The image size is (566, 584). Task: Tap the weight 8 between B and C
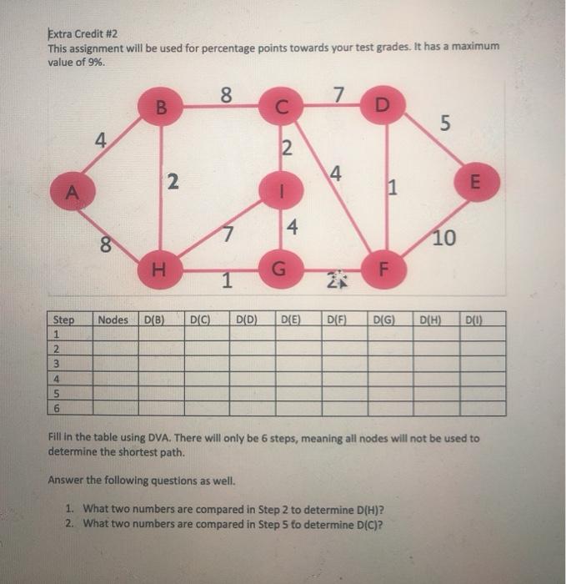[225, 94]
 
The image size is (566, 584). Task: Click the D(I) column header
[473, 319]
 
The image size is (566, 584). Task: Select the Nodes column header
[113, 319]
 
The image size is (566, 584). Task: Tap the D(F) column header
[337, 319]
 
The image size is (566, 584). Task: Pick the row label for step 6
[58, 408]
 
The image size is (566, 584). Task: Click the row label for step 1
[58, 333]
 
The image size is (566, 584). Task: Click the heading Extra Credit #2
[84, 34]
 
